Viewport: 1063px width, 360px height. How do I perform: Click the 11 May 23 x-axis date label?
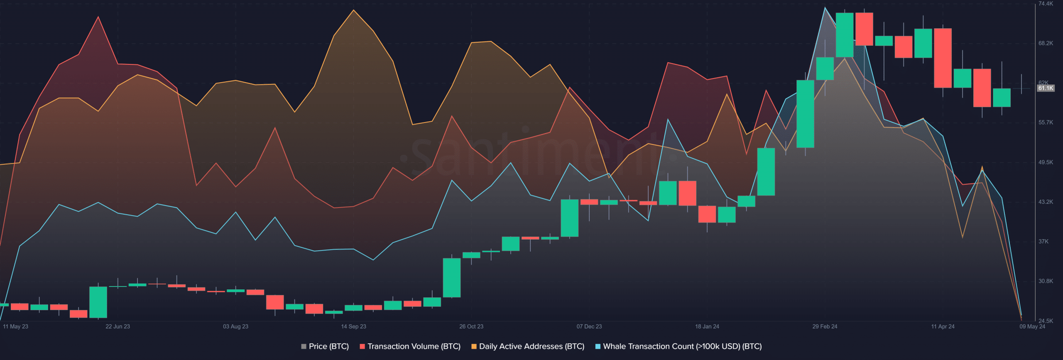click(15, 326)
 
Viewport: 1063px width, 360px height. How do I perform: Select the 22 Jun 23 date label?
click(118, 326)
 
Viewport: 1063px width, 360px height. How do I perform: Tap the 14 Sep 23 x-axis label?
click(353, 326)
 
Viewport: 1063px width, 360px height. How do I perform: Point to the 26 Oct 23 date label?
click(471, 326)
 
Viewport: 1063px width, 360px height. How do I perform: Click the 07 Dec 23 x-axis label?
click(589, 326)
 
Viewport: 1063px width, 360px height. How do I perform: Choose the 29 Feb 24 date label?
click(825, 326)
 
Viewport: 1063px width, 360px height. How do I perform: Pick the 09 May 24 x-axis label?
click(1032, 326)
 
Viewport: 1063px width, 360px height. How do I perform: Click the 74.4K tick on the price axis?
click(1046, 4)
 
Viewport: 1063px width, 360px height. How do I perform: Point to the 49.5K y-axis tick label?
click(1046, 162)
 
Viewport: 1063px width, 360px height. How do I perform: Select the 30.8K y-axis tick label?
click(1046, 281)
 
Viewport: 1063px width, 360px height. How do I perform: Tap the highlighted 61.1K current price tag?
click(1046, 88)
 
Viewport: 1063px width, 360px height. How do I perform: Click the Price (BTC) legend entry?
click(325, 346)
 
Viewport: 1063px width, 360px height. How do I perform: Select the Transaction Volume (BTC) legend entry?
click(410, 346)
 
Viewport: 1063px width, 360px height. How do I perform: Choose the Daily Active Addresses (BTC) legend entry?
click(527, 346)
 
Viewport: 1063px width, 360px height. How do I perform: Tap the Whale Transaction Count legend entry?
click(678, 346)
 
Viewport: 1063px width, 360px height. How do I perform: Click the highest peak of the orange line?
click(353, 10)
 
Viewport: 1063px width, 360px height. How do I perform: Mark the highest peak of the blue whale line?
click(825, 7)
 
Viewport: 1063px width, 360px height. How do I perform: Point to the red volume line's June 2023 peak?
click(98, 17)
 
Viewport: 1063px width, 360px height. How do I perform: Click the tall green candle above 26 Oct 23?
click(451, 277)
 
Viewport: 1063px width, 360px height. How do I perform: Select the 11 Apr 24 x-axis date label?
click(943, 326)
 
